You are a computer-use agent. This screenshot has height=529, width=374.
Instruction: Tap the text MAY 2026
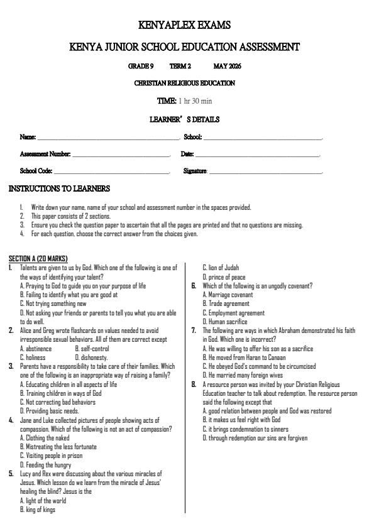coord(227,66)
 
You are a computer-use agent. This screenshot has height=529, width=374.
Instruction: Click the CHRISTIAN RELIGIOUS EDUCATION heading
coord(185,83)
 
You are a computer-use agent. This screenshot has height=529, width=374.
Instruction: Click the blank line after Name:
coord(108,138)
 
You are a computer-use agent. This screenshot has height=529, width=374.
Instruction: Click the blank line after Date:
coord(257,155)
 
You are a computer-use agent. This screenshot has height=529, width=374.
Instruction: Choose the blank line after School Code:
coord(111,172)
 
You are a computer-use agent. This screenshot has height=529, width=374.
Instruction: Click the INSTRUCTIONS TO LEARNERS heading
coord(59,188)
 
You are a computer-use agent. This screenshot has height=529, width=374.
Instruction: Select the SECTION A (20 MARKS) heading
coord(38,259)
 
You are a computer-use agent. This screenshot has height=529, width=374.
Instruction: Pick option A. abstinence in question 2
coord(36,349)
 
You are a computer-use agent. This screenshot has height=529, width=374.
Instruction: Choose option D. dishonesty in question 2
coord(92,357)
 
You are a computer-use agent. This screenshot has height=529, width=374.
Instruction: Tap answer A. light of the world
coord(43,501)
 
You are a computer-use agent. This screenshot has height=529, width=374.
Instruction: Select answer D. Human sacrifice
coord(225,322)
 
